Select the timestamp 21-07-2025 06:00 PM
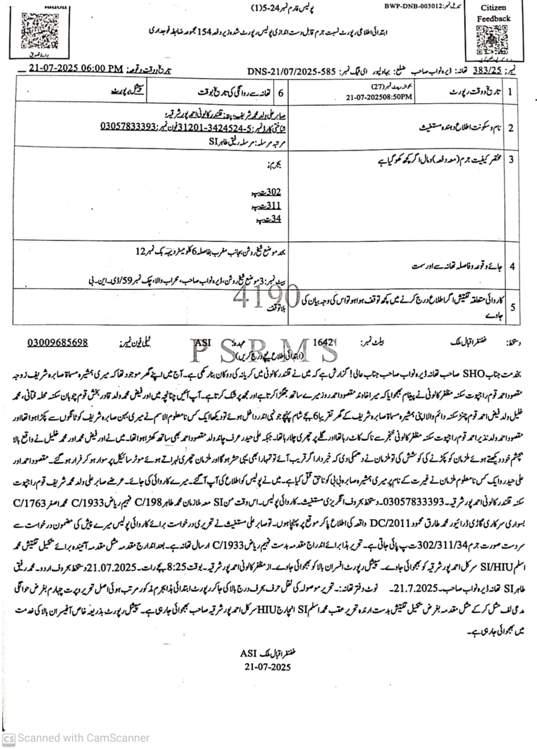pyautogui.click(x=77, y=69)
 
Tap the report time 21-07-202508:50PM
pyautogui.click(x=379, y=97)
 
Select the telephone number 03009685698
pyautogui.click(x=58, y=343)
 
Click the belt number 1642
pyautogui.click(x=323, y=342)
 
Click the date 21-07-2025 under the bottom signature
pyautogui.click(x=267, y=667)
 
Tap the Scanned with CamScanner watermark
pyautogui.click(x=76, y=738)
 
